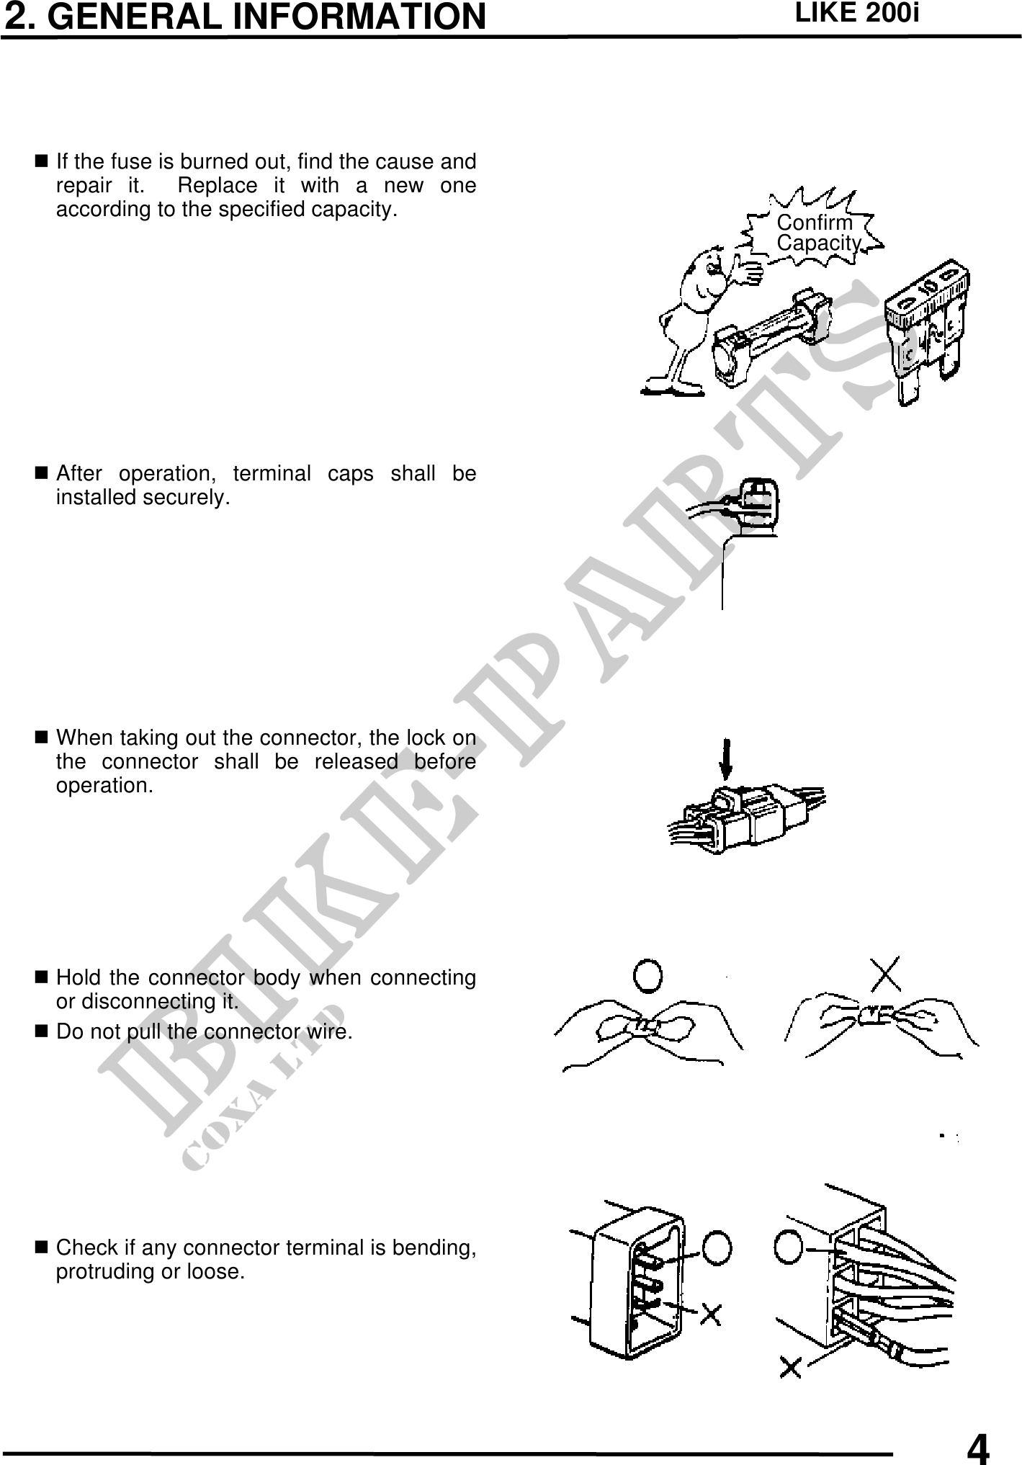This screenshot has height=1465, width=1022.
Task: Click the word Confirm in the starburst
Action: [814, 223]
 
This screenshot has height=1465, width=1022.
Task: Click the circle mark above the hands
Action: [648, 975]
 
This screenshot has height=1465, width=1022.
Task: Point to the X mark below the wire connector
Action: [791, 1368]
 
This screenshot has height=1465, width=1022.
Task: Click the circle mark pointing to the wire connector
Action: [789, 1246]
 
